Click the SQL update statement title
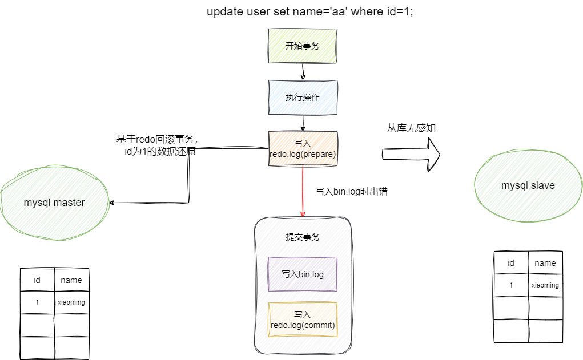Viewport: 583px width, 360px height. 309,12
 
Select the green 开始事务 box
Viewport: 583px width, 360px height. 303,46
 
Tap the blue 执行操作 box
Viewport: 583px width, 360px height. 303,97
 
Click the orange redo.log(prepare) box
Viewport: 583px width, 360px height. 303,148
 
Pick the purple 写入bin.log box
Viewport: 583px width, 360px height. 303,274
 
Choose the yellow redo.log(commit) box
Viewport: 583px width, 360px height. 303,319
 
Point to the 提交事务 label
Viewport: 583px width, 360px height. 303,237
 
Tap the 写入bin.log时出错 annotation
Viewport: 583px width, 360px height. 351,192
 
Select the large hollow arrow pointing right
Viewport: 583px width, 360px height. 411,153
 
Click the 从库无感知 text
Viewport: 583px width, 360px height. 411,128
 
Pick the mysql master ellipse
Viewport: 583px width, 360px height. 54,203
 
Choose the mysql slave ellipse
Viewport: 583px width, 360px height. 528,185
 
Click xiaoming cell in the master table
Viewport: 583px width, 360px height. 71,302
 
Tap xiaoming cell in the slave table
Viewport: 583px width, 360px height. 545,285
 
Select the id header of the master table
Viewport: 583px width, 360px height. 37,280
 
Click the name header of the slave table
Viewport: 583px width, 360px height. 545,263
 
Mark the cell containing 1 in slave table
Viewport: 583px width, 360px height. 511,285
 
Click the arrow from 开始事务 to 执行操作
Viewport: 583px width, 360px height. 303,71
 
